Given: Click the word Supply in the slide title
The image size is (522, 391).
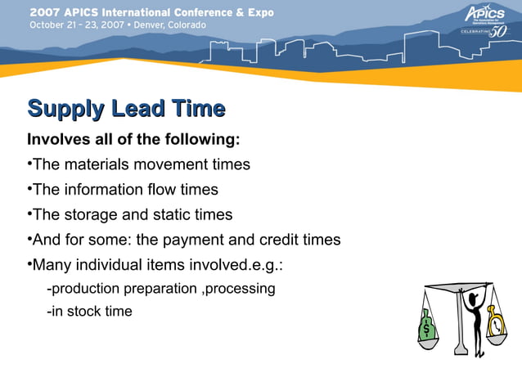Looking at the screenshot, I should click(66, 109).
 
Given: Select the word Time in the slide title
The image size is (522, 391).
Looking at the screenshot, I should click(197, 109).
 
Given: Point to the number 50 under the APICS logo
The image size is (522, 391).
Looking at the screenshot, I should click(497, 33).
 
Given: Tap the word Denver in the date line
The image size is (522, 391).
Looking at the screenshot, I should click(146, 25).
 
